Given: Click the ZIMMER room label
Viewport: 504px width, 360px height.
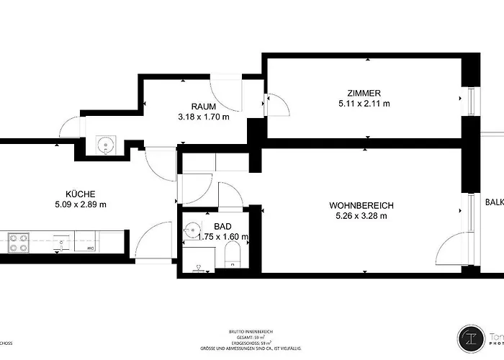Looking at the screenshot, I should click(364, 92).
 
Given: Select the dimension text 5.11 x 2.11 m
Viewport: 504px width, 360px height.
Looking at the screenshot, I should click(364, 104).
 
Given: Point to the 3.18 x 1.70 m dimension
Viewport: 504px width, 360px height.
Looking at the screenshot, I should click(203, 117).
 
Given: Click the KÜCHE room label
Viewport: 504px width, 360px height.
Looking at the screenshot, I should click(81, 193).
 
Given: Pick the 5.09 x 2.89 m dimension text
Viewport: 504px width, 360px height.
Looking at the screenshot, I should click(81, 204).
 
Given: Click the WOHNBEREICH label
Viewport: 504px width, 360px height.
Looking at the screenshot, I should click(362, 205).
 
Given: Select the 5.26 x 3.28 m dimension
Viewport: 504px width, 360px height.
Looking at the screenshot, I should click(362, 216).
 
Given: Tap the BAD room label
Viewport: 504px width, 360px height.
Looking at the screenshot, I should click(222, 225).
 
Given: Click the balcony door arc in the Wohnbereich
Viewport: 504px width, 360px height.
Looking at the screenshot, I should click(450, 248).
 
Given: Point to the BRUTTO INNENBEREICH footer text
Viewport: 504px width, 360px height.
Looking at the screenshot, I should click(251, 331).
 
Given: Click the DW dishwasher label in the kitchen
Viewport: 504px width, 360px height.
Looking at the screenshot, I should click(91, 248).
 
